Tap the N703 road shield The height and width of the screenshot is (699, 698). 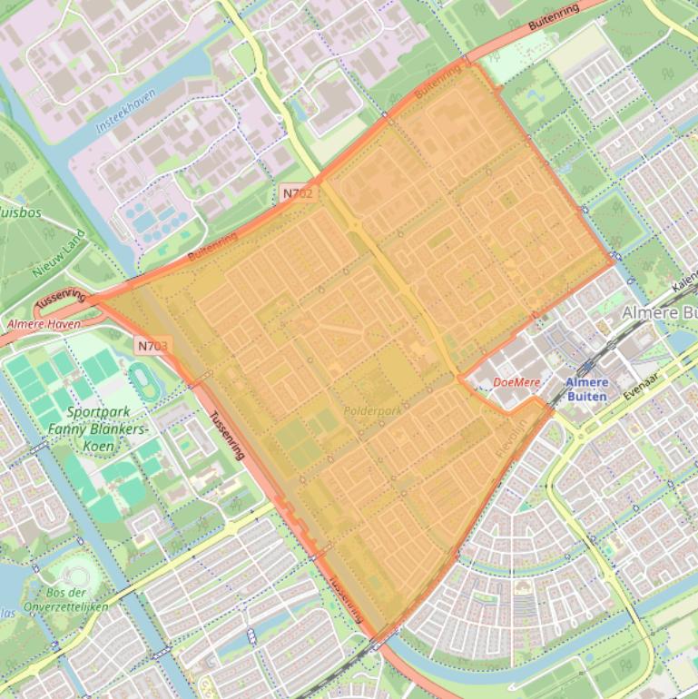tap(153, 345)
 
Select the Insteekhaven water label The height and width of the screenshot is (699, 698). tap(126, 112)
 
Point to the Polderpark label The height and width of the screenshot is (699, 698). tap(372, 411)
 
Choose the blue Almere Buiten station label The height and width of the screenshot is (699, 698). tap(587, 389)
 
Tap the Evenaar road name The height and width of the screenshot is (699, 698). tap(654, 384)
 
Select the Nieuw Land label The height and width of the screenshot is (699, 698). tap(59, 253)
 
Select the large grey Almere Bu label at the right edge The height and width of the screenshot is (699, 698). tap(659, 312)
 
